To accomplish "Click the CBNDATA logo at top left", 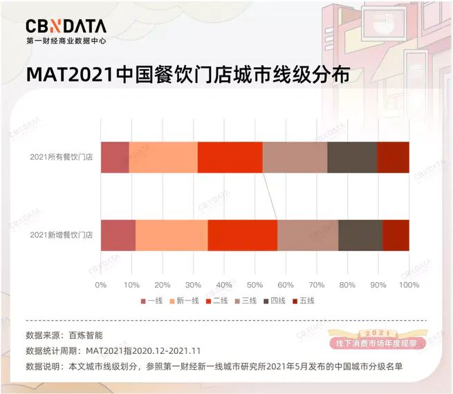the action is point(66,32).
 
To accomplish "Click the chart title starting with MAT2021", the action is point(188,75).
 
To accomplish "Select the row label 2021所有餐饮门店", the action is point(62,157).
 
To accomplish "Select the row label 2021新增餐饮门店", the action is point(62,235).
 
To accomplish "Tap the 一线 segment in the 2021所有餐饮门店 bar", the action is point(115,158).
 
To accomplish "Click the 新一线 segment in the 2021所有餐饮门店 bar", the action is point(163,158).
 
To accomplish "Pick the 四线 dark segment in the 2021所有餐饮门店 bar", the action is point(353,158).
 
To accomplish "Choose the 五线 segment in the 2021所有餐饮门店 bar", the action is point(394,158).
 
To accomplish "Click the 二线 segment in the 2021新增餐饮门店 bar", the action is point(243,235).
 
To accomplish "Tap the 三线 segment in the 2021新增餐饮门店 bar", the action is point(308,235).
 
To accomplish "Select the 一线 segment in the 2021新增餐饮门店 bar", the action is point(118,235).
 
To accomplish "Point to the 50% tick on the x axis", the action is point(255,285).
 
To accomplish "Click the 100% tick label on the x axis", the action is point(409,285).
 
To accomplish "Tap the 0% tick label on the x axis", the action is point(101,285).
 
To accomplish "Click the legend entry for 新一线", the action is point(185,301).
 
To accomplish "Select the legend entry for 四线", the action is point(275,301).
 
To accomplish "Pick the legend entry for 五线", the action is point(304,301).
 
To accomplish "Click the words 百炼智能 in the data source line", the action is point(86,335).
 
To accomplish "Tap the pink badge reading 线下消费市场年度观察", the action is point(377,344).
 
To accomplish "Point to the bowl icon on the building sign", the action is point(383,26).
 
